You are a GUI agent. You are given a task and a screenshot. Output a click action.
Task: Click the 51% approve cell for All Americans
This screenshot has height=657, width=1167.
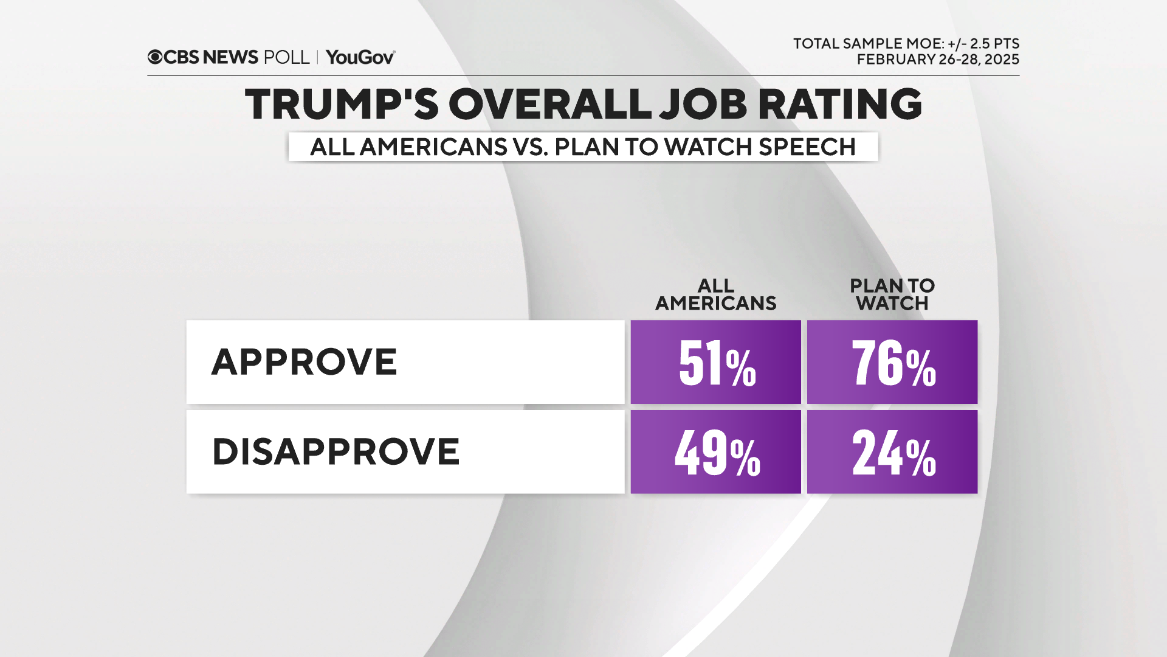point(715,363)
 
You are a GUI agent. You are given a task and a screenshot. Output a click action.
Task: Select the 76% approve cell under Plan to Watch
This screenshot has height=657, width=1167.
point(892,363)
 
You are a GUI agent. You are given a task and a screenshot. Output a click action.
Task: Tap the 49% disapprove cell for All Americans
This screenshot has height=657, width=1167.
point(715,452)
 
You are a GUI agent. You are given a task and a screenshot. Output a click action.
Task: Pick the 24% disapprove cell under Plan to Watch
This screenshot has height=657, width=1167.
point(892,452)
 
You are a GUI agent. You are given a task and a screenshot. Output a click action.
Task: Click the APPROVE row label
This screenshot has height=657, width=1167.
point(304,362)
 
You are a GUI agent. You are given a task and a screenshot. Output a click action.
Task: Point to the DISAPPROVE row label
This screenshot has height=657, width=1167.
point(336,452)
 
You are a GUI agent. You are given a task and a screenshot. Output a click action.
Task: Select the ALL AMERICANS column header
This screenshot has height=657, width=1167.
point(715,294)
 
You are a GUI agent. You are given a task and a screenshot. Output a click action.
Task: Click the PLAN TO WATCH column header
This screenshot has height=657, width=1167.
point(892,294)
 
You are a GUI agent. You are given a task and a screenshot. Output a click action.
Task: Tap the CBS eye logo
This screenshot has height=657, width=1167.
point(155,57)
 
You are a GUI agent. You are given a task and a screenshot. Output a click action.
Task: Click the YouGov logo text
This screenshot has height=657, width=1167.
point(360,57)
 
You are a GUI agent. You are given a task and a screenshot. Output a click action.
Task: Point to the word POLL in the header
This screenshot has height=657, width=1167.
point(286,57)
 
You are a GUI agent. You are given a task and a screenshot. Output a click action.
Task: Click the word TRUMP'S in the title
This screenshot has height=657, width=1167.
point(342,104)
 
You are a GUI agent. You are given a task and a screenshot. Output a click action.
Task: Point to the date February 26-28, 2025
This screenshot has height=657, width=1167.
point(938,60)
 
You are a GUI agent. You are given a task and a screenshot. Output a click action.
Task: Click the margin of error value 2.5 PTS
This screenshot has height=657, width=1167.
point(994,44)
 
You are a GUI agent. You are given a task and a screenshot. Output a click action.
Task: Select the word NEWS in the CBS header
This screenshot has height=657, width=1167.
point(230,57)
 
